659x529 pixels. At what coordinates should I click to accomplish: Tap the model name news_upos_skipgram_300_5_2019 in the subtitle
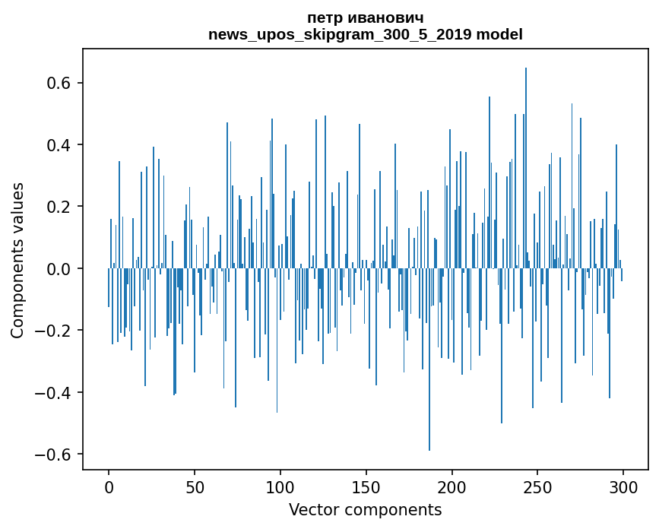click(340, 34)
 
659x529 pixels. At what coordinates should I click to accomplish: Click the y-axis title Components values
click(17, 260)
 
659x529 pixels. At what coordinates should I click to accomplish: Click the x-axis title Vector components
click(365, 509)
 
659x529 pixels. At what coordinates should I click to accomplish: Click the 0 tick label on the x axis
click(109, 486)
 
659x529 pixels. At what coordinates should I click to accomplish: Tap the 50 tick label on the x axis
click(195, 486)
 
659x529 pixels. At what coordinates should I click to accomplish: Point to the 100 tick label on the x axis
click(280, 486)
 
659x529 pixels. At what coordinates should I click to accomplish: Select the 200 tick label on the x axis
click(452, 486)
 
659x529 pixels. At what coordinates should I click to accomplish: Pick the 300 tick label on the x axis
click(623, 486)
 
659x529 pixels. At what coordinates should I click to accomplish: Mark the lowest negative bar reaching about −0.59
click(429, 365)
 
